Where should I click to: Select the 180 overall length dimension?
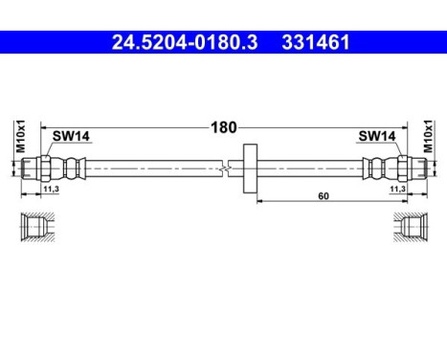(224, 126)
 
